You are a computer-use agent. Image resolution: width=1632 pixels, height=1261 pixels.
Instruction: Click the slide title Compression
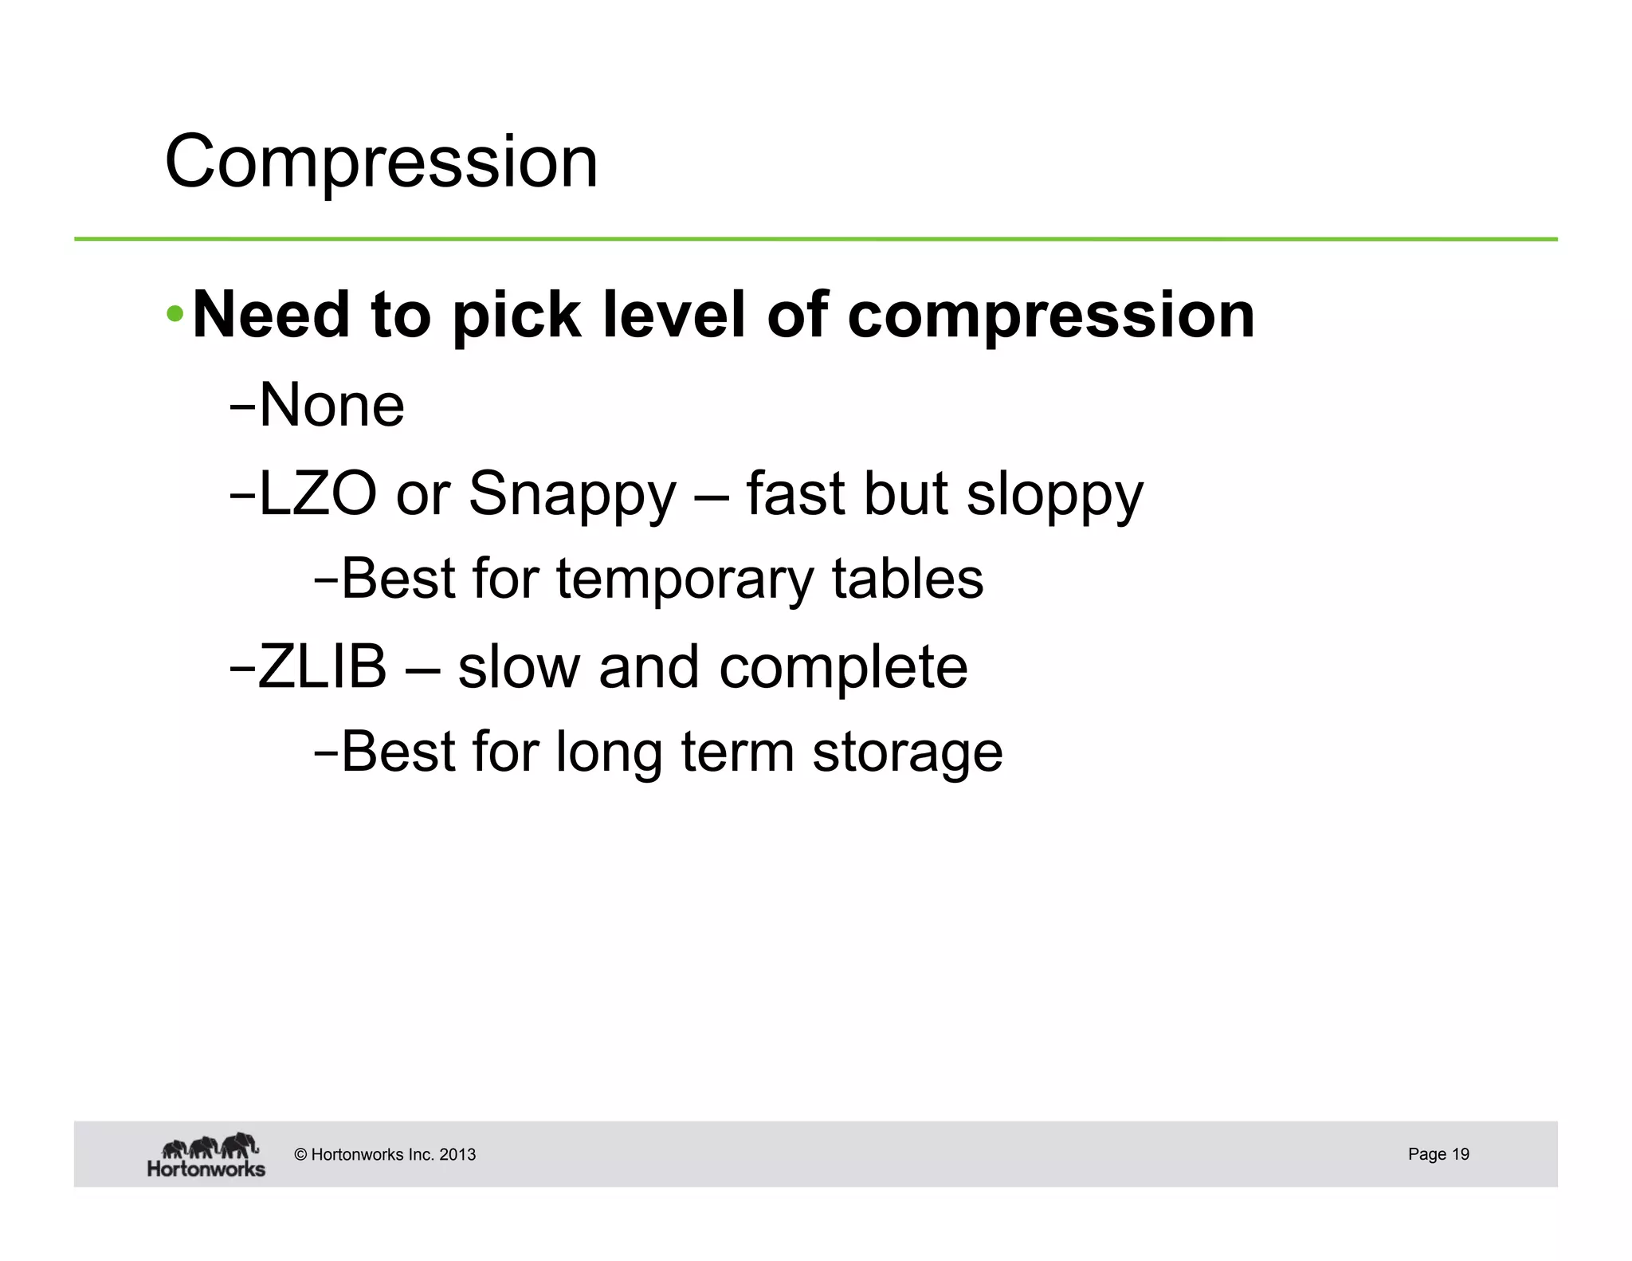click(381, 162)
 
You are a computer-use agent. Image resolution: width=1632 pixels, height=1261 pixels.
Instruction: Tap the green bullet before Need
click(175, 314)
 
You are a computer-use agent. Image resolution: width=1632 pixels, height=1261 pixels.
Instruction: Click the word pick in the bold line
click(516, 316)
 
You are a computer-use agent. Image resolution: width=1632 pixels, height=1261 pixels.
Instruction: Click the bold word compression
click(1050, 316)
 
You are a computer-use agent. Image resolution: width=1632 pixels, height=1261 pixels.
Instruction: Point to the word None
click(331, 405)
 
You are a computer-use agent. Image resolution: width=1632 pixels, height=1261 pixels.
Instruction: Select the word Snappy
click(572, 494)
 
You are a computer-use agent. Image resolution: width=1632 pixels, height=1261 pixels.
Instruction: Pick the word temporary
click(685, 579)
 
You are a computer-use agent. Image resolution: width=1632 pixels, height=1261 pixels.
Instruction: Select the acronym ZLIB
click(322, 666)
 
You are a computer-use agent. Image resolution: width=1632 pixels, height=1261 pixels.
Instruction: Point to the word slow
click(518, 666)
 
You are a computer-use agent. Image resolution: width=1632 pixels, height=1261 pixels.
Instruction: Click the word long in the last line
click(608, 752)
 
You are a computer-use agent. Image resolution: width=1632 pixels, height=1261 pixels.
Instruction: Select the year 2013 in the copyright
click(457, 1154)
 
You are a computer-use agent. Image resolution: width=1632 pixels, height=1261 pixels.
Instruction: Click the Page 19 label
click(1438, 1153)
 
